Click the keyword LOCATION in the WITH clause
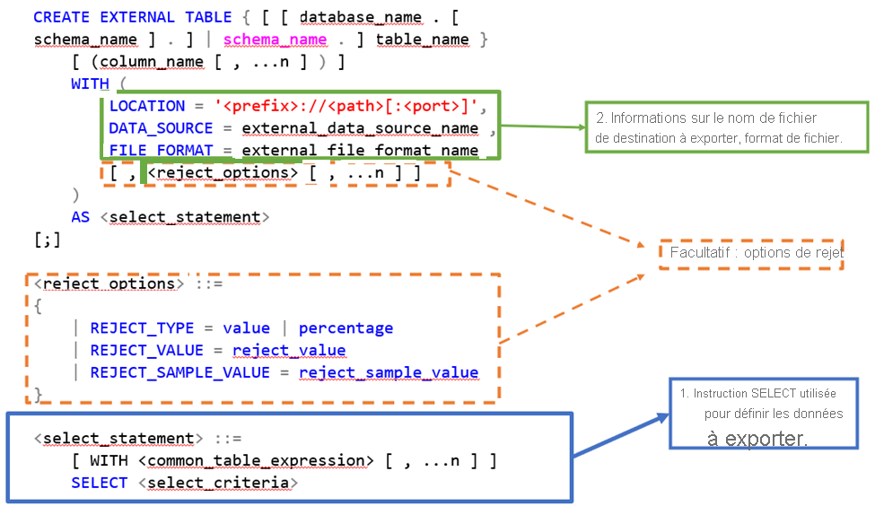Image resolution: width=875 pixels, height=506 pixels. pos(147,106)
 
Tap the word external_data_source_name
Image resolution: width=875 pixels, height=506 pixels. pos(360,128)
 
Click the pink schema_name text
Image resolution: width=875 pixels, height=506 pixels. pos(275,39)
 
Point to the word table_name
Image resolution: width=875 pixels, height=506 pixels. pos(422,39)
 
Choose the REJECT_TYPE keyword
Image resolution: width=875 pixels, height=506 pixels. pos(143,328)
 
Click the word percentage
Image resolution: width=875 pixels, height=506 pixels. pos(346,328)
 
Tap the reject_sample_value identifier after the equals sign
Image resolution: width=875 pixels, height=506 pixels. pos(389,372)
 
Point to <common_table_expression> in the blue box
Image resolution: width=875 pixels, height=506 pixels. pos(256,460)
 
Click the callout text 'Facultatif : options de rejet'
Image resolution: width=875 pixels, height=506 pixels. pos(757,254)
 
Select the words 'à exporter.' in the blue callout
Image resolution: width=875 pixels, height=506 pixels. pos(757,439)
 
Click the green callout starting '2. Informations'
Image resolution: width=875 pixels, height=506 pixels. pos(718,129)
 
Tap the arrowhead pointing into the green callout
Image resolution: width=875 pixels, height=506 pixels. pos(580,127)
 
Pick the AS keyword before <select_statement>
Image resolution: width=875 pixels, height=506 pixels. pos(81,217)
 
